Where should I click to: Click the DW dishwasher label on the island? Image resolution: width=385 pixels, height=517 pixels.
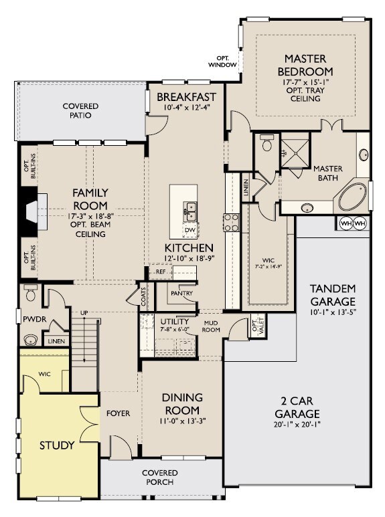189,229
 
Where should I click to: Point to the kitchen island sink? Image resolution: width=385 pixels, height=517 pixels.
191,211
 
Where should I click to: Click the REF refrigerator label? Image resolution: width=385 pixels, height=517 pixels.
161,272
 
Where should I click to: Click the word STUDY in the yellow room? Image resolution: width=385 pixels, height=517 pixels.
56,445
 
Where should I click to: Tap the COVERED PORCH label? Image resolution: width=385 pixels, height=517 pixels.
160,477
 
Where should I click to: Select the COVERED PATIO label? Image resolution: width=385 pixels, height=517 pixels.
80,111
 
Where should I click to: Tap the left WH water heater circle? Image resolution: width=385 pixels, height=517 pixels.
346,223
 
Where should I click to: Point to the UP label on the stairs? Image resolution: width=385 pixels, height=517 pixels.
84,312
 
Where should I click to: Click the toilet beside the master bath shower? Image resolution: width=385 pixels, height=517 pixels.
266,144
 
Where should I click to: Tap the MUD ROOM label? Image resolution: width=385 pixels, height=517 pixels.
212,326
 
